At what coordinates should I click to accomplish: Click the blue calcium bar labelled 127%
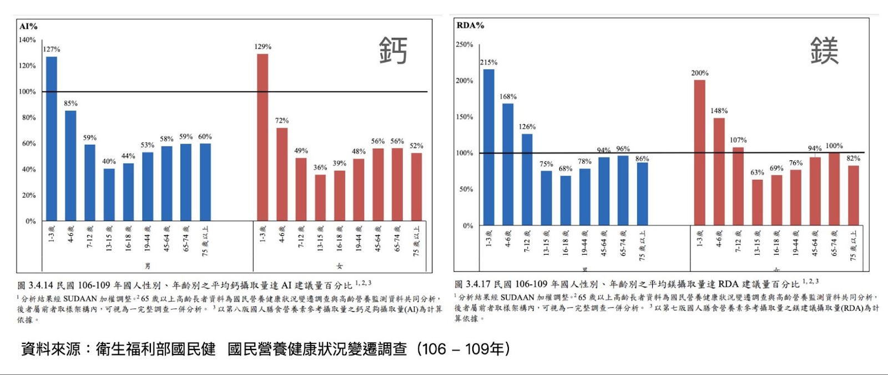tap(52, 139)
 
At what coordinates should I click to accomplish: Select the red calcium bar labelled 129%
tap(263, 137)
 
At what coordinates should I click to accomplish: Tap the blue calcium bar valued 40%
tap(109, 195)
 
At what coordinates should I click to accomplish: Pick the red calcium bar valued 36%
tap(320, 198)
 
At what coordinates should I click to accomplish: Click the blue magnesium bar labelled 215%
tap(488, 147)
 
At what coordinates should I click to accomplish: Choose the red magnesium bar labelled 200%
tap(699, 153)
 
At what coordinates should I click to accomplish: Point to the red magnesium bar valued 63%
tap(757, 202)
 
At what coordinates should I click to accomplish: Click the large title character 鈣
tap(393, 50)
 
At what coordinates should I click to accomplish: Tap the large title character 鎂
tap(824, 50)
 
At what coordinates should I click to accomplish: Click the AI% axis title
tap(28, 26)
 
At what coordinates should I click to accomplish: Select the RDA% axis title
tap(470, 26)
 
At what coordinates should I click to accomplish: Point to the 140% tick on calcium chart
tap(27, 40)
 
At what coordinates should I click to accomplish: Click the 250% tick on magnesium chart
tap(465, 44)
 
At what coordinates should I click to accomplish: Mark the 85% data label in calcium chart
tap(70, 103)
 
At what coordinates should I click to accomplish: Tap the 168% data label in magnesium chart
tap(508, 97)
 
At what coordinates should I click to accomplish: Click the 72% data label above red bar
tap(282, 120)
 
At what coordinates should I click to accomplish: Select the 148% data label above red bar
tap(719, 111)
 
